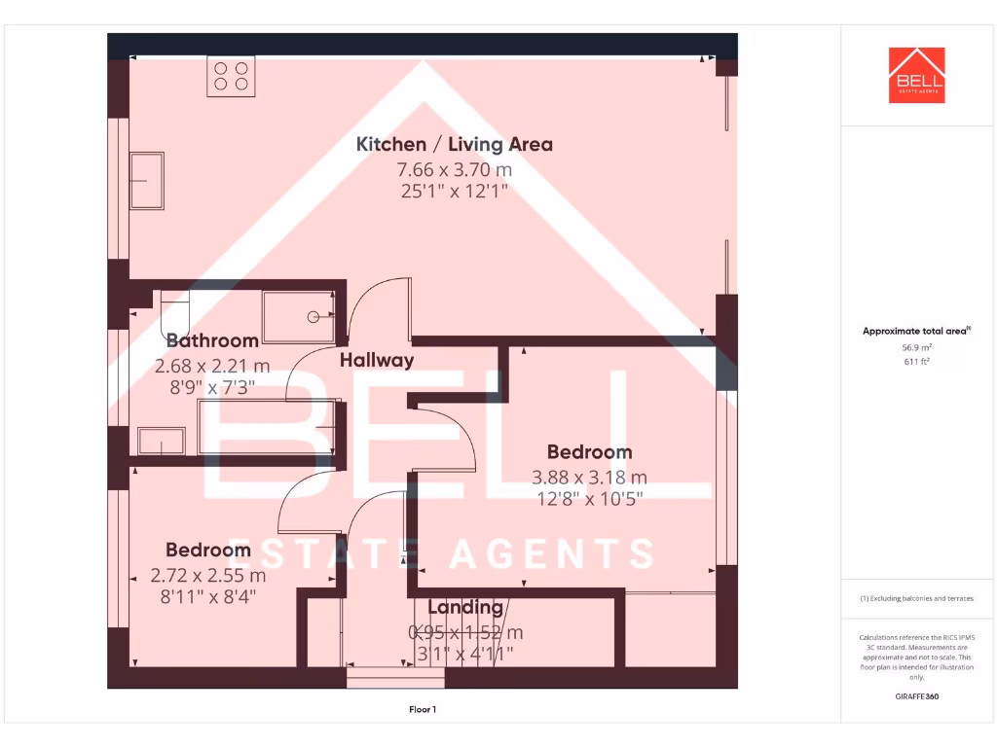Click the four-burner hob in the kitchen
click(x=231, y=77)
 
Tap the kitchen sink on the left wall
click(x=147, y=180)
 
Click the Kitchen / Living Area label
click(x=454, y=145)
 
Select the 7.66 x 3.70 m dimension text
click(x=454, y=169)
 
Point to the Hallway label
click(x=377, y=360)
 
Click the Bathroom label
click(x=212, y=340)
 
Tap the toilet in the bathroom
click(x=176, y=313)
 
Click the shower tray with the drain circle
click(x=300, y=317)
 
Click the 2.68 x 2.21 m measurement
click(x=212, y=367)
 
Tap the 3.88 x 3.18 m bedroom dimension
click(x=589, y=478)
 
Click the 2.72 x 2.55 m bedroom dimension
click(x=207, y=575)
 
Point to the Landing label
click(x=465, y=608)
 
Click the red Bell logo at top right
click(x=916, y=75)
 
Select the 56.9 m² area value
click(x=916, y=347)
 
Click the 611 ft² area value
click(x=916, y=362)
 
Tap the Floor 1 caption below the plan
click(x=423, y=710)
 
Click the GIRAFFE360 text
click(x=916, y=696)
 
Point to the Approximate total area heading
click(x=916, y=332)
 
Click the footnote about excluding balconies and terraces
click(x=916, y=598)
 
